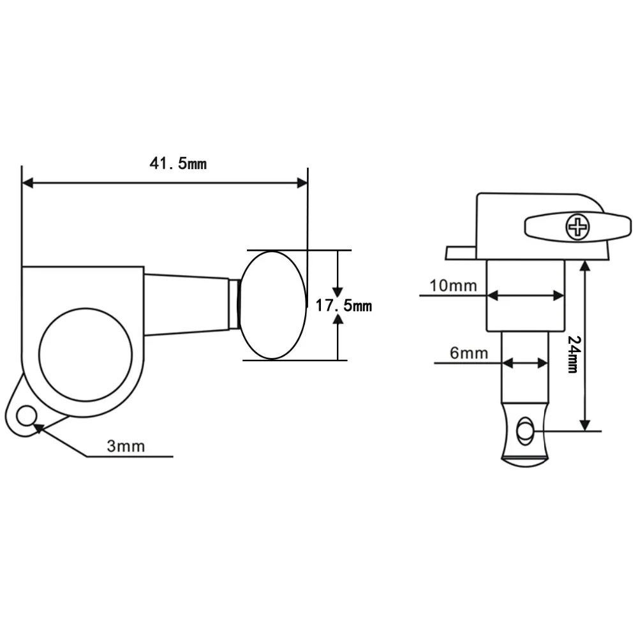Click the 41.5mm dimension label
coord(178,163)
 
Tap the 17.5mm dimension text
coord(344,306)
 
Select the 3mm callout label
coord(126,447)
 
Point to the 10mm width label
coord(453,286)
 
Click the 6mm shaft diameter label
coord(469,353)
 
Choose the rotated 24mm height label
coord(574,354)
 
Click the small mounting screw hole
coord(27,416)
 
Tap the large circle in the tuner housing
coord(85,354)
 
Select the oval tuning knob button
coord(272,305)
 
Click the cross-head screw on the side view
coord(578,227)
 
